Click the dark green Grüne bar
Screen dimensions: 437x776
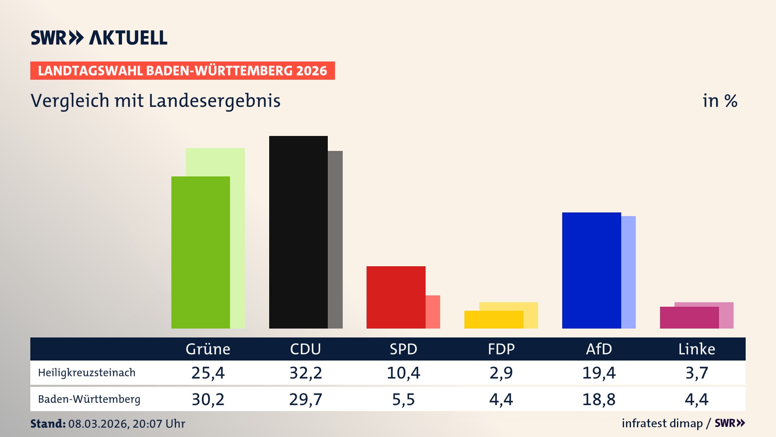tap(200, 252)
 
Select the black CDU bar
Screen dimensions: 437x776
tap(298, 232)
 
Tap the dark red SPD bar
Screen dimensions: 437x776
tap(396, 297)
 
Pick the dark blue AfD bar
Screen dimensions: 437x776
tap(591, 270)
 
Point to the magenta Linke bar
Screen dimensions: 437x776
tap(689, 318)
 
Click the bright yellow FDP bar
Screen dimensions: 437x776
tap(493, 320)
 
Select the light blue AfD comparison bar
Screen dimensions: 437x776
tap(628, 272)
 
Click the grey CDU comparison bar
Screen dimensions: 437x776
tap(335, 240)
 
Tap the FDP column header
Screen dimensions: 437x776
tap(501, 349)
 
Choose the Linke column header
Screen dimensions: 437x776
tap(696, 349)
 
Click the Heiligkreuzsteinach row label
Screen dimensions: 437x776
tap(86, 373)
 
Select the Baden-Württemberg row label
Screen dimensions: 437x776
tap(89, 399)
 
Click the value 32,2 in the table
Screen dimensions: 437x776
tap(306, 373)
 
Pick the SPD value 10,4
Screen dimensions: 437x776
tap(403, 373)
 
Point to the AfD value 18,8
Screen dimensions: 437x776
tap(599, 399)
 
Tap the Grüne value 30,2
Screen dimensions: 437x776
tap(208, 399)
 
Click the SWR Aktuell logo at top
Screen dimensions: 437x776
tap(99, 38)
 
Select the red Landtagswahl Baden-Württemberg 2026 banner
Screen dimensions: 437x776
tap(182, 71)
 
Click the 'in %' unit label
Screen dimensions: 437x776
tap(719, 101)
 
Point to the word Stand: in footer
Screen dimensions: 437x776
tap(48, 424)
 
